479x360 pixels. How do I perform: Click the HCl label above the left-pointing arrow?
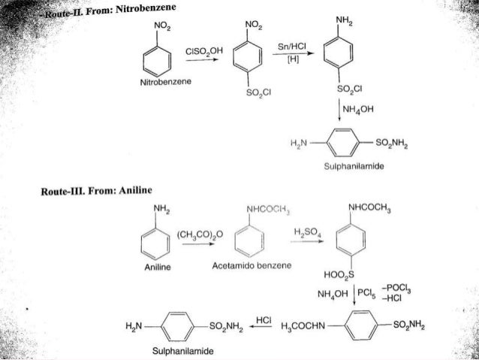pyautogui.click(x=264, y=321)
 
